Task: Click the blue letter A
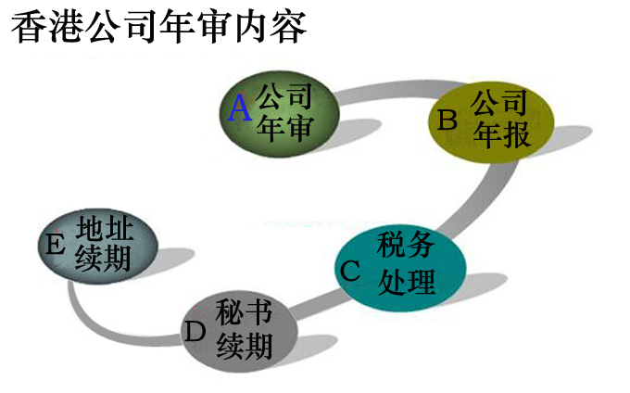point(240,109)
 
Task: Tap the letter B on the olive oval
point(448,120)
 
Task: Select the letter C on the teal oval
point(350,271)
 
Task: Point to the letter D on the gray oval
point(195,331)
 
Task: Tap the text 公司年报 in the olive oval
point(501,119)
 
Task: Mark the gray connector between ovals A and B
point(389,90)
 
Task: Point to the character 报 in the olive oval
point(516,135)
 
